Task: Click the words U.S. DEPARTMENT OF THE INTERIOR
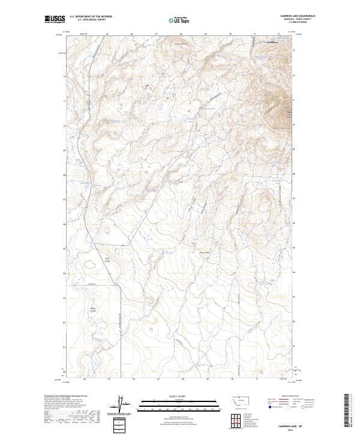tap(91, 17)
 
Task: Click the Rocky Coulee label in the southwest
tap(93, 310)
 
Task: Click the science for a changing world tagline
tap(55, 23)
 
